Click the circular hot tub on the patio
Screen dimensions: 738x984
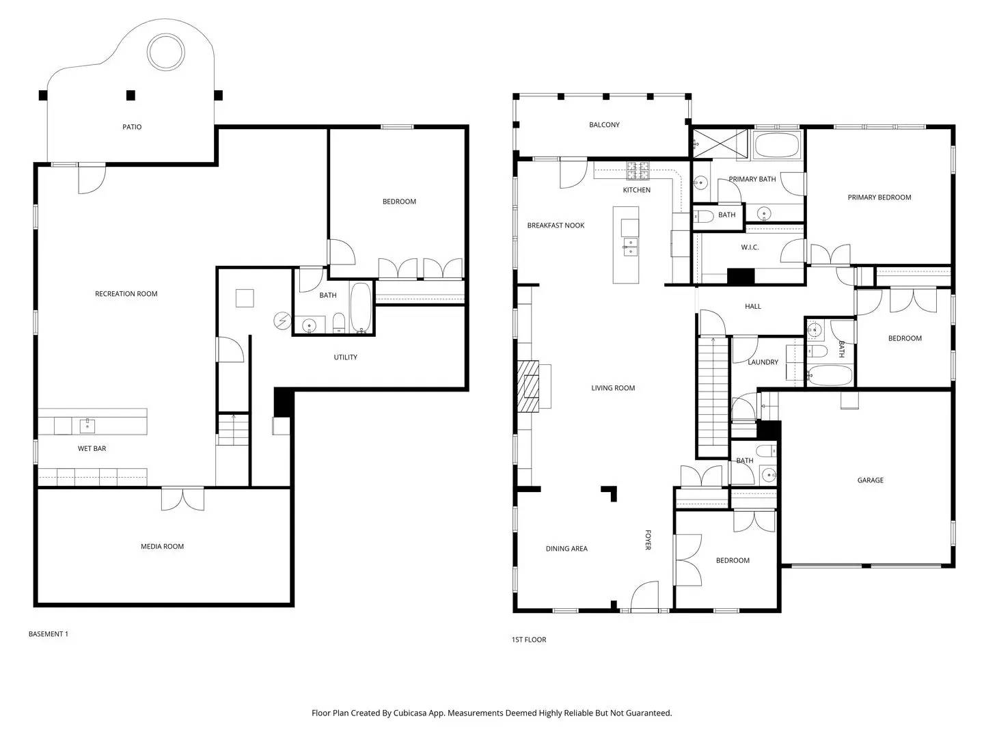[166, 53]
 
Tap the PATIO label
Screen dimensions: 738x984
[132, 127]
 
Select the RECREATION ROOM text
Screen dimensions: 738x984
[126, 294]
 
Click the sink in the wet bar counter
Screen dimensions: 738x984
[87, 426]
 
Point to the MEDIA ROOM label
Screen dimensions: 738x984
[162, 547]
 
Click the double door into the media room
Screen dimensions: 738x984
[182, 498]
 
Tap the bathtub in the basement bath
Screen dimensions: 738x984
[361, 307]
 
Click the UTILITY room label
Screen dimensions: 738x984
[345, 357]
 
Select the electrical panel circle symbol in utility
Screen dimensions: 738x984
[282, 320]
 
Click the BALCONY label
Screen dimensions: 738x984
[604, 125]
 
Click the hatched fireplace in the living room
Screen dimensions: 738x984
[528, 387]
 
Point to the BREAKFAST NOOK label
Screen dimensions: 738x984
[556, 225]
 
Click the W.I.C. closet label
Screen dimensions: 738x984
[750, 247]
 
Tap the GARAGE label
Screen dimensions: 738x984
[870, 480]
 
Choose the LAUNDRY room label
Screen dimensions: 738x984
[763, 362]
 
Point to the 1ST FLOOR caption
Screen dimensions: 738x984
[529, 640]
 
